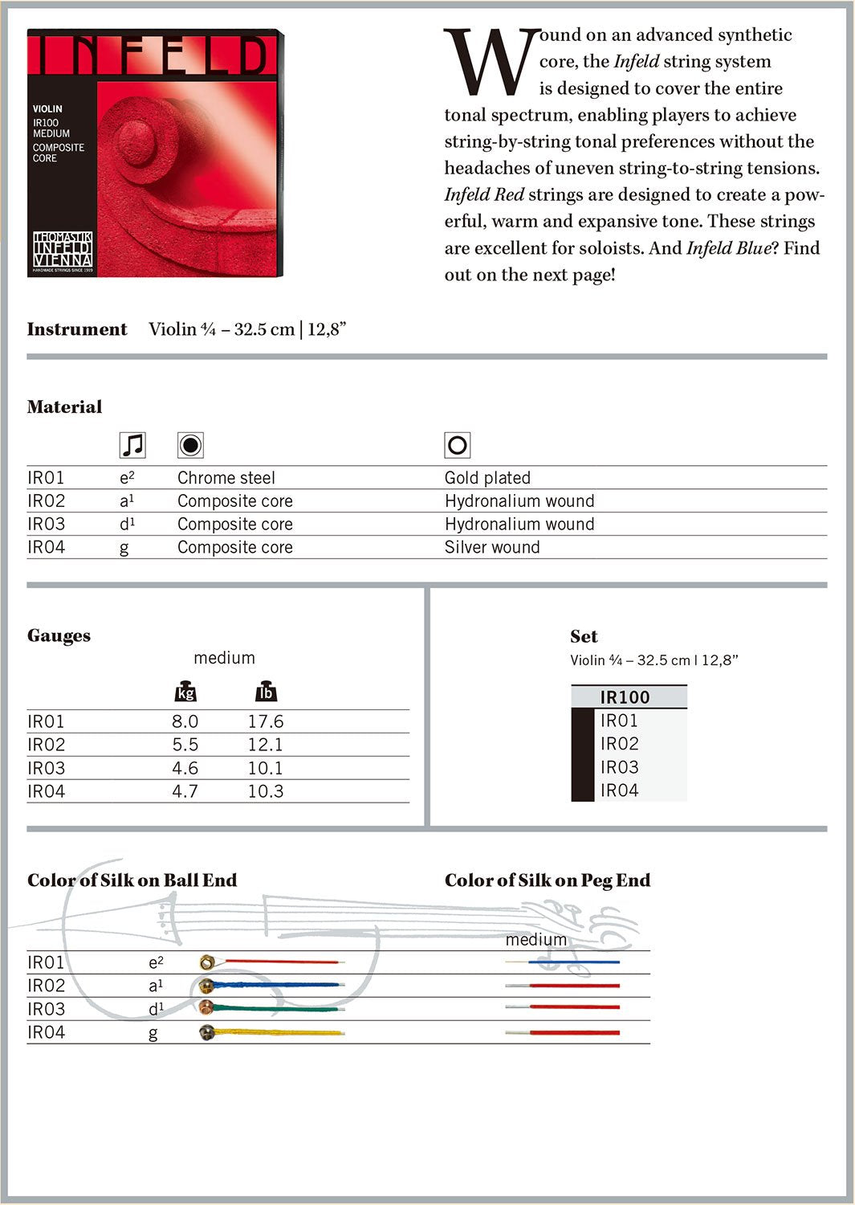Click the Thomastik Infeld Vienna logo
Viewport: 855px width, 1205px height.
point(63,251)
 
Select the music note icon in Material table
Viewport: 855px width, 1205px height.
point(132,444)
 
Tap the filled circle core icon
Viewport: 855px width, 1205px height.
point(190,444)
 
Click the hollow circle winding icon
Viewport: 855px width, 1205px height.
point(457,444)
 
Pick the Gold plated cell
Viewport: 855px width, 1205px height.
point(487,478)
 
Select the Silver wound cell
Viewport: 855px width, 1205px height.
point(491,547)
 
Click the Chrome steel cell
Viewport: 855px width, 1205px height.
point(226,478)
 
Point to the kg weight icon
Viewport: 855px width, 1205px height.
point(185,692)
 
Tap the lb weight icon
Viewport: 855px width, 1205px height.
point(265,692)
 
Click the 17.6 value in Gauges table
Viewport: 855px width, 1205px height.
point(265,721)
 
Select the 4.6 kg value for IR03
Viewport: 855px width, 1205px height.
point(185,768)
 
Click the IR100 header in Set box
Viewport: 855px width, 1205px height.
point(625,697)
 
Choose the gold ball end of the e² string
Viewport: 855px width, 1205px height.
point(208,962)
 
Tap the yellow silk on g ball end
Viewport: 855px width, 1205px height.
point(281,1032)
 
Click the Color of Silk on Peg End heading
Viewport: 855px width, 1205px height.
point(547,880)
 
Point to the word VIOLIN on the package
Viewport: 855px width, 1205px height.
point(47,108)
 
